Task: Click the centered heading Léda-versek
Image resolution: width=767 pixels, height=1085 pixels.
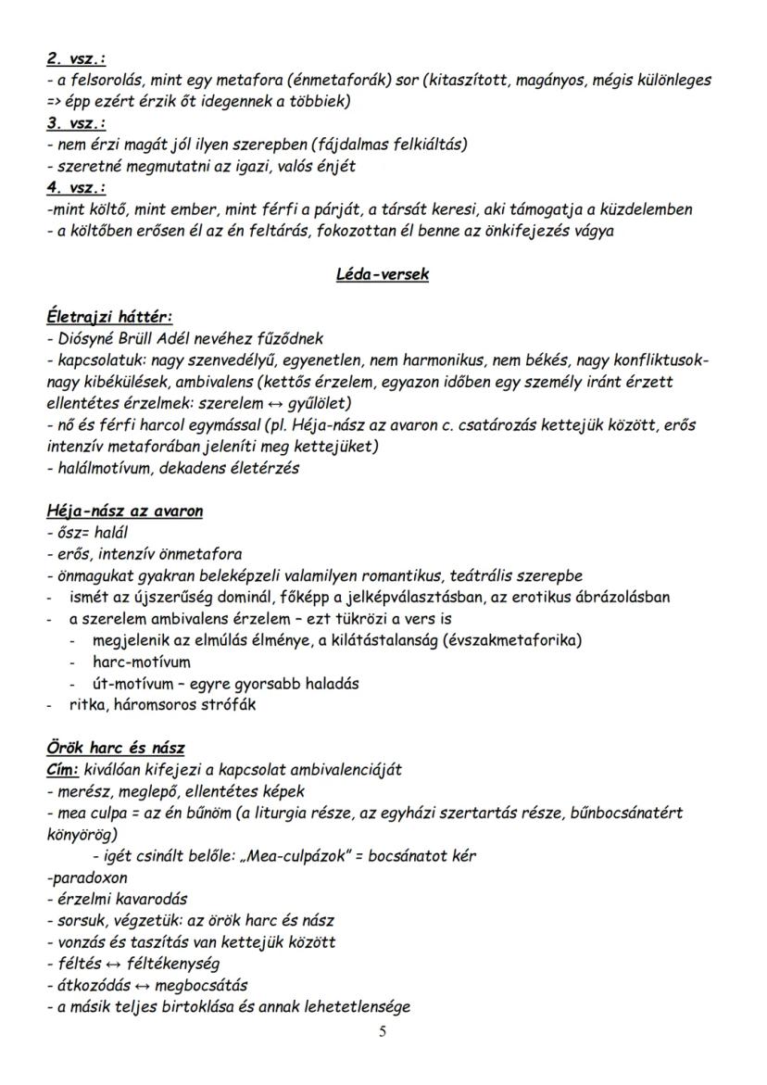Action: (x=382, y=275)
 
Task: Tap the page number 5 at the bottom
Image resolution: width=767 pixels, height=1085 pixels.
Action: (x=383, y=1033)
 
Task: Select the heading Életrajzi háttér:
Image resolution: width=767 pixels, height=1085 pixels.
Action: (x=108, y=318)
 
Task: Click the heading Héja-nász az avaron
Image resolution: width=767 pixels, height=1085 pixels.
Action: (x=124, y=511)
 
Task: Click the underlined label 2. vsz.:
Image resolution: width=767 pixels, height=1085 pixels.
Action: (x=76, y=59)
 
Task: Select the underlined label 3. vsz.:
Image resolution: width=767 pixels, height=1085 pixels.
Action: (x=76, y=123)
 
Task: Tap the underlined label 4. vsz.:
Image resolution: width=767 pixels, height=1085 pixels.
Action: (x=76, y=188)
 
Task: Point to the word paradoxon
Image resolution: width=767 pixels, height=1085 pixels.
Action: (x=89, y=877)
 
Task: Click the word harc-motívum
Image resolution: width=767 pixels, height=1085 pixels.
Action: (x=142, y=662)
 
